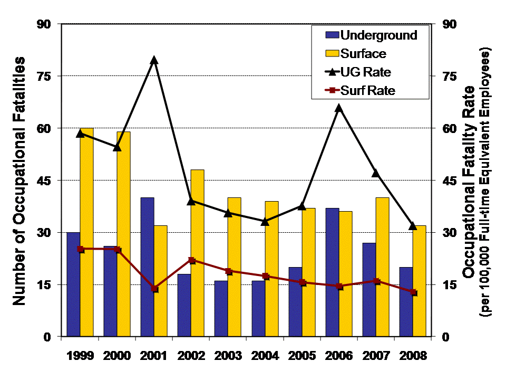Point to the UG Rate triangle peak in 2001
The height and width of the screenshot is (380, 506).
tap(154, 60)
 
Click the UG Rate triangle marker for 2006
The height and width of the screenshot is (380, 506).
tap(339, 108)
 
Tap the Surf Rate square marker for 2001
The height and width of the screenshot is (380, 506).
tap(154, 289)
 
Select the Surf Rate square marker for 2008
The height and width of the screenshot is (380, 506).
tap(414, 292)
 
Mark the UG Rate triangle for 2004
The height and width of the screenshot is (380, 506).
tap(265, 221)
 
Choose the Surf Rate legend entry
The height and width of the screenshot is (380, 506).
tap(367, 90)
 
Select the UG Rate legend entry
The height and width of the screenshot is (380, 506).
tap(365, 72)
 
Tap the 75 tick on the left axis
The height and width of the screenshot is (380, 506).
tap(49, 76)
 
